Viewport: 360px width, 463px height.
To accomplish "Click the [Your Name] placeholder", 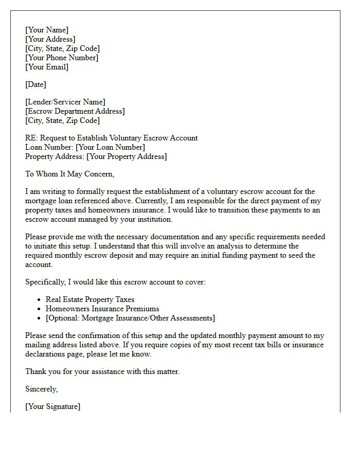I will click(47, 30).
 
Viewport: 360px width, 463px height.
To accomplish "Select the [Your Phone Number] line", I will click(62, 58).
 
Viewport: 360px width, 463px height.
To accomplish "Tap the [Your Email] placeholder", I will click(47, 67).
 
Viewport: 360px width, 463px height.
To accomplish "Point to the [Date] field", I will click(35, 84).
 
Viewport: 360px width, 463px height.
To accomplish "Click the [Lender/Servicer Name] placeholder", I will click(65, 102).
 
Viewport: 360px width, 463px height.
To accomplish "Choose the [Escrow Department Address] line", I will click(75, 111).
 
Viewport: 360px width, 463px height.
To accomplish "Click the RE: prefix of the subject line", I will click(31, 138).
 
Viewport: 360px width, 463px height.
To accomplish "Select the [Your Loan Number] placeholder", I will click(110, 147).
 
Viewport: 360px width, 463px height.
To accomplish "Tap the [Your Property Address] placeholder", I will click(127, 156).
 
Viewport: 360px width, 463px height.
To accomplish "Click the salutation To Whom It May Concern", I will click(69, 174).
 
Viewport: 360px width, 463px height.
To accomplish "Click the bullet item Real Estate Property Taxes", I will click(90, 299).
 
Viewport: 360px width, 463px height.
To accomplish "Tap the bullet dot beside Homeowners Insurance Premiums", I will click(40, 309).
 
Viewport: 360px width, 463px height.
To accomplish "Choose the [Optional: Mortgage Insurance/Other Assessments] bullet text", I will click(130, 318).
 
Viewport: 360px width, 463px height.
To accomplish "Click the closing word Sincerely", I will click(41, 389).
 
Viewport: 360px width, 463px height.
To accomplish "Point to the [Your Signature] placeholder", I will click(52, 406).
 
